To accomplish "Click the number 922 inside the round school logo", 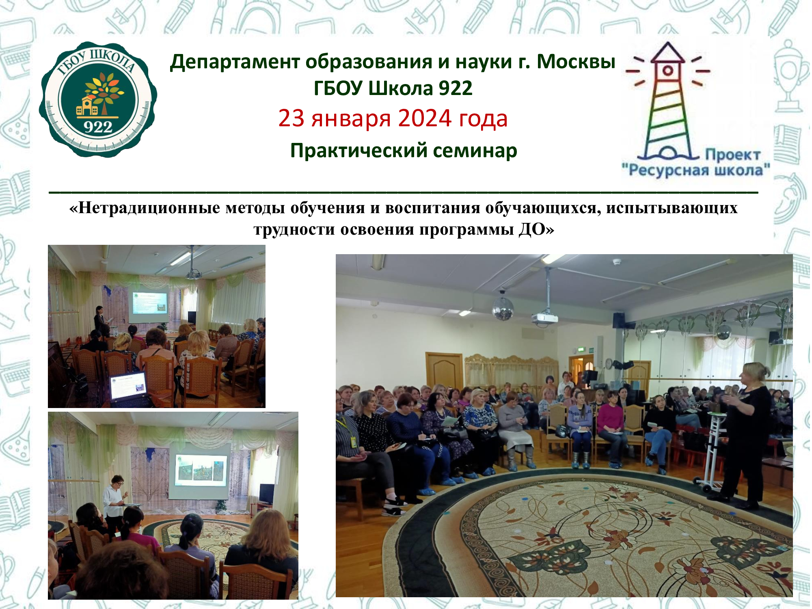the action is (x=98, y=127).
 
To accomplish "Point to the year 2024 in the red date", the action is (x=425, y=118).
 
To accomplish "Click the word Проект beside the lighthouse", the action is (x=732, y=155).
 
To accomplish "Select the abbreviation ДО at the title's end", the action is (x=532, y=229).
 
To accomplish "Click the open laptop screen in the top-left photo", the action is (x=129, y=384).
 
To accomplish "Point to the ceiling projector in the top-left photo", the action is (x=193, y=275).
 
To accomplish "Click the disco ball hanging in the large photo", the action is (x=503, y=309).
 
